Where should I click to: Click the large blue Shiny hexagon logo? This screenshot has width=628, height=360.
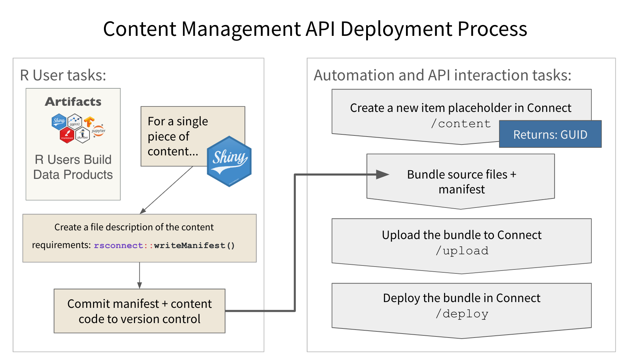point(229,161)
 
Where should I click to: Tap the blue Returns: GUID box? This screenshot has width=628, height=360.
point(550,134)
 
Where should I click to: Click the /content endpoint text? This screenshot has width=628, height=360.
point(461,124)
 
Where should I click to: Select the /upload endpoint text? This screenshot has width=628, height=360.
point(462,251)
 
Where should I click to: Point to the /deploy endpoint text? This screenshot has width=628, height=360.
point(462,314)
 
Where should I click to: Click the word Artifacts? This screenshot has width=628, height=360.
point(73,101)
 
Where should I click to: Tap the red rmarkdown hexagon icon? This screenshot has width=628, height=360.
point(67,135)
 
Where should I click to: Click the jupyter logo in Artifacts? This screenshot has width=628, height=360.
point(98,130)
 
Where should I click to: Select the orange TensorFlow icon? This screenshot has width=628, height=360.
point(89,122)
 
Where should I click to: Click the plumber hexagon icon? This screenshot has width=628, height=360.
point(83,135)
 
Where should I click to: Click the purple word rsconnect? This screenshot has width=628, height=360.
point(118,246)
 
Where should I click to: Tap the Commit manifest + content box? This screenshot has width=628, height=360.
point(139,311)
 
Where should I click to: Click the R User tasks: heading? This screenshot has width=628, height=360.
point(63,75)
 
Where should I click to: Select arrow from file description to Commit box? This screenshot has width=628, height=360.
point(139,276)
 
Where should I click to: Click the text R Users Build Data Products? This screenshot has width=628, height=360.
point(73,167)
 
